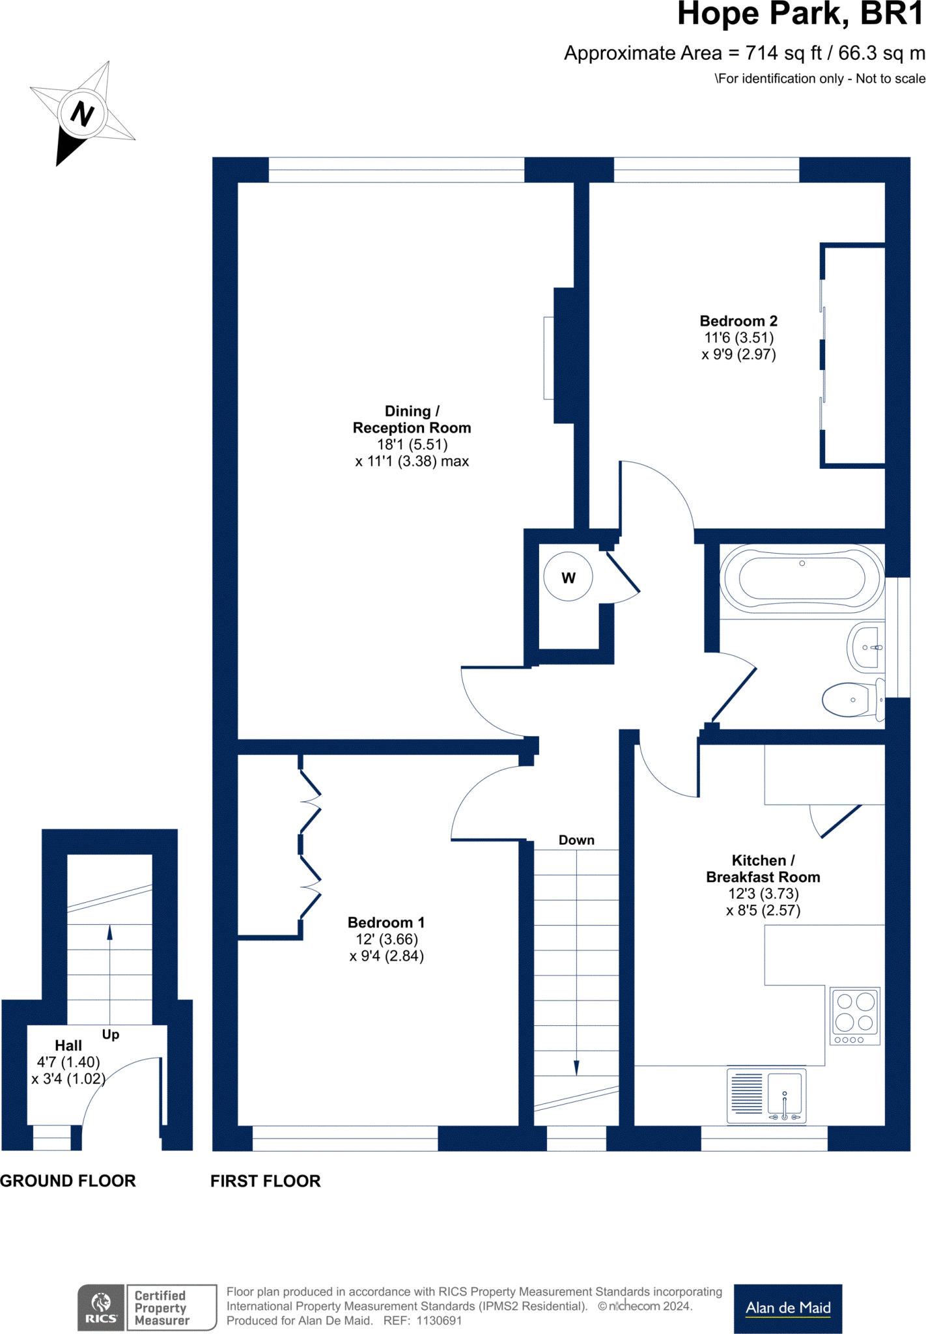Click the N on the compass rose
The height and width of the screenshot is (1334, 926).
[82, 113]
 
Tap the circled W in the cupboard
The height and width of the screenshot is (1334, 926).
[568, 577]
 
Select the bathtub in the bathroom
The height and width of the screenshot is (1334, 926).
[802, 578]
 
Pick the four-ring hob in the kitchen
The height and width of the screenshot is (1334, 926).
[855, 1016]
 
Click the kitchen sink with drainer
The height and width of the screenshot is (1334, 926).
[766, 1096]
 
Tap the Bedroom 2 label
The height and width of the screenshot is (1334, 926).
[738, 321]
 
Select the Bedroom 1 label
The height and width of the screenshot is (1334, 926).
[386, 922]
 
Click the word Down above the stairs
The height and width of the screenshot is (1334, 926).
[576, 840]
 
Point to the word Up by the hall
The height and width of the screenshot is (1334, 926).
[111, 1034]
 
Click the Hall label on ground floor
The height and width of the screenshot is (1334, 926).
[68, 1045]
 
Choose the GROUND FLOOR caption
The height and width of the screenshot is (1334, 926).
[68, 1181]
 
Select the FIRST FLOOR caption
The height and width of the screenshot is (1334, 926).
[266, 1181]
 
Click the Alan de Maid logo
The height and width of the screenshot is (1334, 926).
[788, 1309]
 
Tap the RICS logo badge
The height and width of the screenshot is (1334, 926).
[101, 1307]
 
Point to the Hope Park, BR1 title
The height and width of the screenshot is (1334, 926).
[801, 14]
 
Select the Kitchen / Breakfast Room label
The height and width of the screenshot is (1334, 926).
[763, 869]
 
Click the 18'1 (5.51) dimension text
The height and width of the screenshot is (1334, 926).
[413, 445]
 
